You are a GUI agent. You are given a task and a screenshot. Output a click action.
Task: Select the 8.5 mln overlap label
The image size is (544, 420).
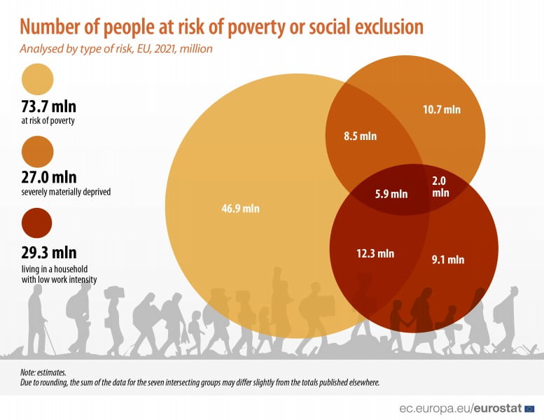point(360,136)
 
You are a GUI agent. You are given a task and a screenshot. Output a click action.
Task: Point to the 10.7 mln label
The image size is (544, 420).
point(442,109)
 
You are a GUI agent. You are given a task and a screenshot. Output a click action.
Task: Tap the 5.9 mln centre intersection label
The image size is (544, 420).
point(390,194)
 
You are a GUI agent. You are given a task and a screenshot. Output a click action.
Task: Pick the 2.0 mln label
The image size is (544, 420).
point(440,185)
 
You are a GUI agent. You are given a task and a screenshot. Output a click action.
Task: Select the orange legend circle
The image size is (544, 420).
point(38,151)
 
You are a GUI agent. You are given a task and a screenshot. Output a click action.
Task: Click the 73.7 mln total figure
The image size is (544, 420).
point(49,106)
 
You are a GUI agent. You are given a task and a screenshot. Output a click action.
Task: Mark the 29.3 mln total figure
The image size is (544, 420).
point(49,252)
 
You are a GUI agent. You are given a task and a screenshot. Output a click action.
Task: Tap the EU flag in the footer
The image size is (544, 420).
point(529,407)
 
